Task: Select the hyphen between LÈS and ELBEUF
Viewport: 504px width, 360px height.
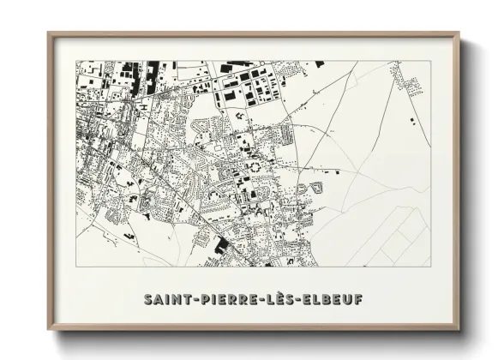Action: click(x=301, y=300)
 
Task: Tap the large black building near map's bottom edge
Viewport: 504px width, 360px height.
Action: click(x=222, y=246)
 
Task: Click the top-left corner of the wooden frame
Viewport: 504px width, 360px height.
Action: click(x=49, y=33)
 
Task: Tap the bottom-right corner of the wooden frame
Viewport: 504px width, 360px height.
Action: click(x=459, y=329)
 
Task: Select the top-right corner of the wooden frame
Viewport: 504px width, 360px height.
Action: click(x=459, y=33)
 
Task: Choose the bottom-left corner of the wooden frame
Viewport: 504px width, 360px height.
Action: click(x=49, y=329)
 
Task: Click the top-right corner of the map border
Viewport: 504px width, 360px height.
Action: click(x=431, y=61)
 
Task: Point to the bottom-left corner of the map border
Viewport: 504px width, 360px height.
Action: click(x=76, y=266)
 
